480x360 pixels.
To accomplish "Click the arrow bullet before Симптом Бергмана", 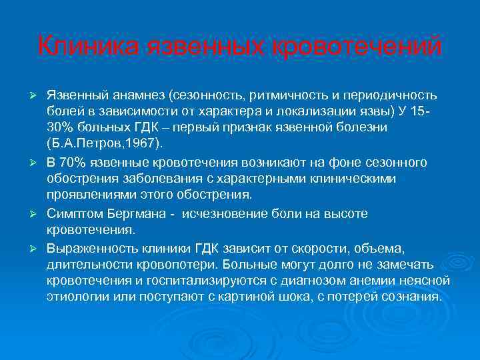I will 39,213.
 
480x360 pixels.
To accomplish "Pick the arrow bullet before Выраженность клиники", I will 39,248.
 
